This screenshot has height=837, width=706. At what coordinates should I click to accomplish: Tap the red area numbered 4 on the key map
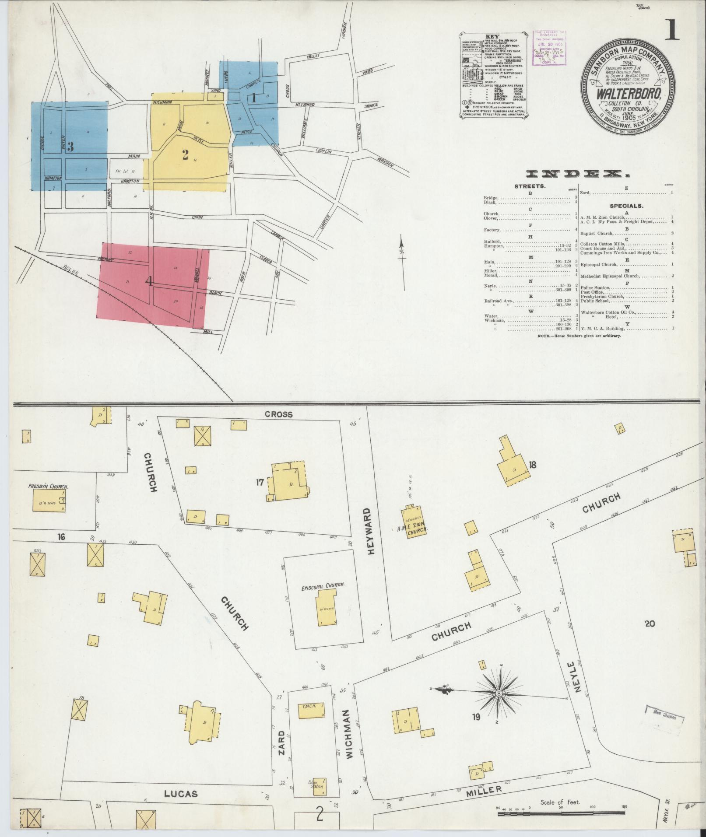point(149,282)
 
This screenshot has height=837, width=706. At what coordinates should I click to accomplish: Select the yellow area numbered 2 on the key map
point(186,154)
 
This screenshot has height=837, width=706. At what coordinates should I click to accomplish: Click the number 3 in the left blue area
point(70,147)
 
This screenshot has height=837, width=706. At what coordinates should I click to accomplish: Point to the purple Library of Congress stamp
point(548,48)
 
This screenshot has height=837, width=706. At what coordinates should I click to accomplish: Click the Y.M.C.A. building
point(311,711)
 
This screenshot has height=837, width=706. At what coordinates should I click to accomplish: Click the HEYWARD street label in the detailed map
point(372,531)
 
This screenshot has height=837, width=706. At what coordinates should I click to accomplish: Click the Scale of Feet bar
point(562,814)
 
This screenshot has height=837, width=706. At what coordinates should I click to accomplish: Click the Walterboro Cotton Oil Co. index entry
point(608,312)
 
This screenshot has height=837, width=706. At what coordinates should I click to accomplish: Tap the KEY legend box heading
point(492,37)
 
